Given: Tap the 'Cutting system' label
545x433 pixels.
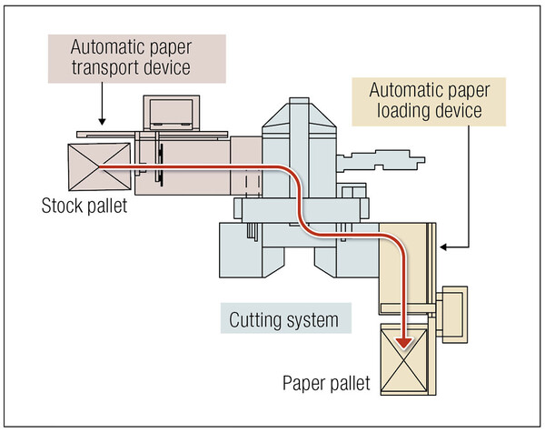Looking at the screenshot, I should click(283, 319).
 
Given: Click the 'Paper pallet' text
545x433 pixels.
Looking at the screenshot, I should click(325, 383).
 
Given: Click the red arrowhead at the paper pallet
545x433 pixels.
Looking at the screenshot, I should click(405, 342).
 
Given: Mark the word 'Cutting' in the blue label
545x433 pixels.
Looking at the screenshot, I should click(258, 319).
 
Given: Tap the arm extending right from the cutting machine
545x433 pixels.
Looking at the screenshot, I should click(381, 161).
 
